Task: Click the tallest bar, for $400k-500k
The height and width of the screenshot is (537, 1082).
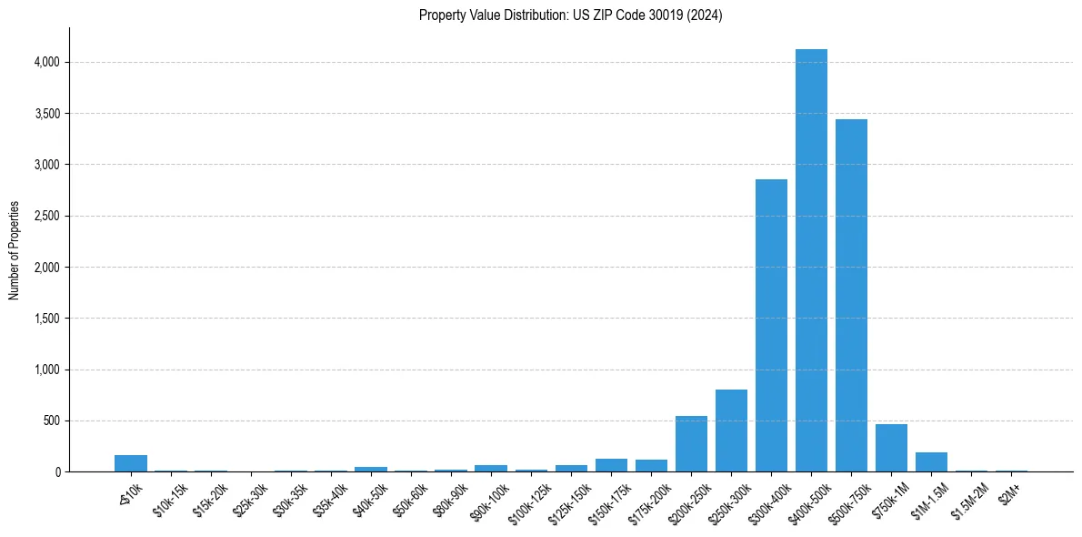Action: click(811, 264)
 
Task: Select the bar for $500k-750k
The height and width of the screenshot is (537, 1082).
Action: click(851, 296)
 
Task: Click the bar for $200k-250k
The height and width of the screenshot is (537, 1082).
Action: click(691, 444)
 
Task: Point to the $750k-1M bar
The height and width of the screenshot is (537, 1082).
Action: click(891, 449)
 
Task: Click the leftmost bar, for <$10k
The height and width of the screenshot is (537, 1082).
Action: click(131, 463)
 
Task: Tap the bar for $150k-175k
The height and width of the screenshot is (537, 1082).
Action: click(611, 465)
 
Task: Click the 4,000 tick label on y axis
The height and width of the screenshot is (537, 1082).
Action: click(46, 62)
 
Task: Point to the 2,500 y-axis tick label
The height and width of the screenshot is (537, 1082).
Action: click(46, 216)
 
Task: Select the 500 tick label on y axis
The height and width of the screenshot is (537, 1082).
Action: click(51, 420)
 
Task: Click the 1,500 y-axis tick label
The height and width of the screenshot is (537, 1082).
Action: click(46, 319)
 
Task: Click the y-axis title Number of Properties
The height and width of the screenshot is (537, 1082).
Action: click(15, 250)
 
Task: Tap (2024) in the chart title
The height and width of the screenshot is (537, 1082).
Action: click(707, 15)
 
